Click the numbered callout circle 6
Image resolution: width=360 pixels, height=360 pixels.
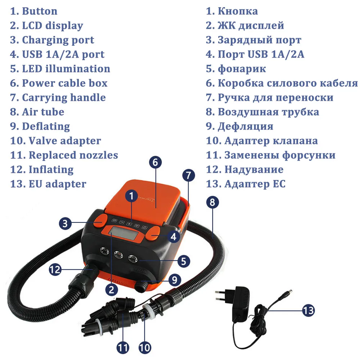click(x=156, y=162)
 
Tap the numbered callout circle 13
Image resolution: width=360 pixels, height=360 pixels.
click(x=309, y=310)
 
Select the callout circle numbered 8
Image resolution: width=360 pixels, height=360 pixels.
click(x=212, y=202)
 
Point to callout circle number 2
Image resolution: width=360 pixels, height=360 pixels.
click(x=112, y=290)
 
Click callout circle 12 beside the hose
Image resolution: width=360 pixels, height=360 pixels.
click(x=55, y=269)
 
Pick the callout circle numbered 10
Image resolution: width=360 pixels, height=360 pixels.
click(x=145, y=347)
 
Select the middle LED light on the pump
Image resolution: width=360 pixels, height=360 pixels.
click(x=118, y=255)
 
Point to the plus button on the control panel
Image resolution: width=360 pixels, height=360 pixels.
click(x=130, y=224)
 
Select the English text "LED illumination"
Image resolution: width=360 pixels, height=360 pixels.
click(x=66, y=69)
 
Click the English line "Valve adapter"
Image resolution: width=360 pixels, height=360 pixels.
click(x=65, y=141)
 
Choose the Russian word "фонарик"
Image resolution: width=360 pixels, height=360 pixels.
click(x=242, y=69)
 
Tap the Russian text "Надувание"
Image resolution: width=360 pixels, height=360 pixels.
click(x=254, y=170)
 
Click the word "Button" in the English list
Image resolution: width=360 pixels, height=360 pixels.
click(x=40, y=11)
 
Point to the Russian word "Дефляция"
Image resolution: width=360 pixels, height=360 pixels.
click(x=246, y=127)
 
